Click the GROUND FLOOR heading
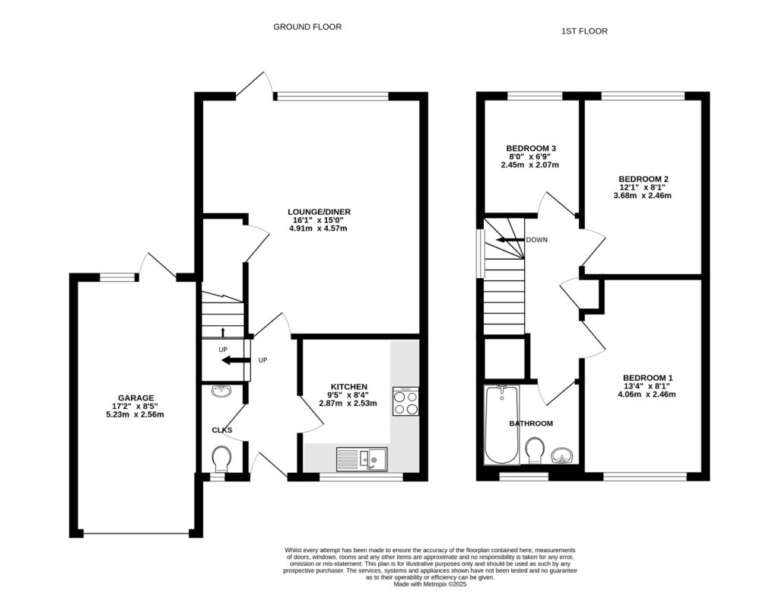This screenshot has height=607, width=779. [x=307, y=27]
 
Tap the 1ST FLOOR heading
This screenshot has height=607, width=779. [x=584, y=31]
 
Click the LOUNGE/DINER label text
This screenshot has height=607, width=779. [x=319, y=212]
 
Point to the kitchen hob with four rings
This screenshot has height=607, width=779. [x=405, y=401]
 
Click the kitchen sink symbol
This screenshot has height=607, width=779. [x=362, y=458]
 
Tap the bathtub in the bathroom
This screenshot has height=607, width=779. [x=501, y=424]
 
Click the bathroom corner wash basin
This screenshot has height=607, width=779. [x=563, y=455]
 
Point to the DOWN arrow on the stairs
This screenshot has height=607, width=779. [x=510, y=240]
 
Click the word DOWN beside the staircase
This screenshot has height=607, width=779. [x=536, y=240]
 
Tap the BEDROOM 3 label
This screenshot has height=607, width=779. [x=530, y=148]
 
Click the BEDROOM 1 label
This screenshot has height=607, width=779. [x=647, y=378]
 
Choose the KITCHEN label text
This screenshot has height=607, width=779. [x=349, y=386]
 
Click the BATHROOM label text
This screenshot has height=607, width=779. [x=531, y=423]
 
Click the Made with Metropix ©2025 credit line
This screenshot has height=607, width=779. [x=430, y=584]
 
